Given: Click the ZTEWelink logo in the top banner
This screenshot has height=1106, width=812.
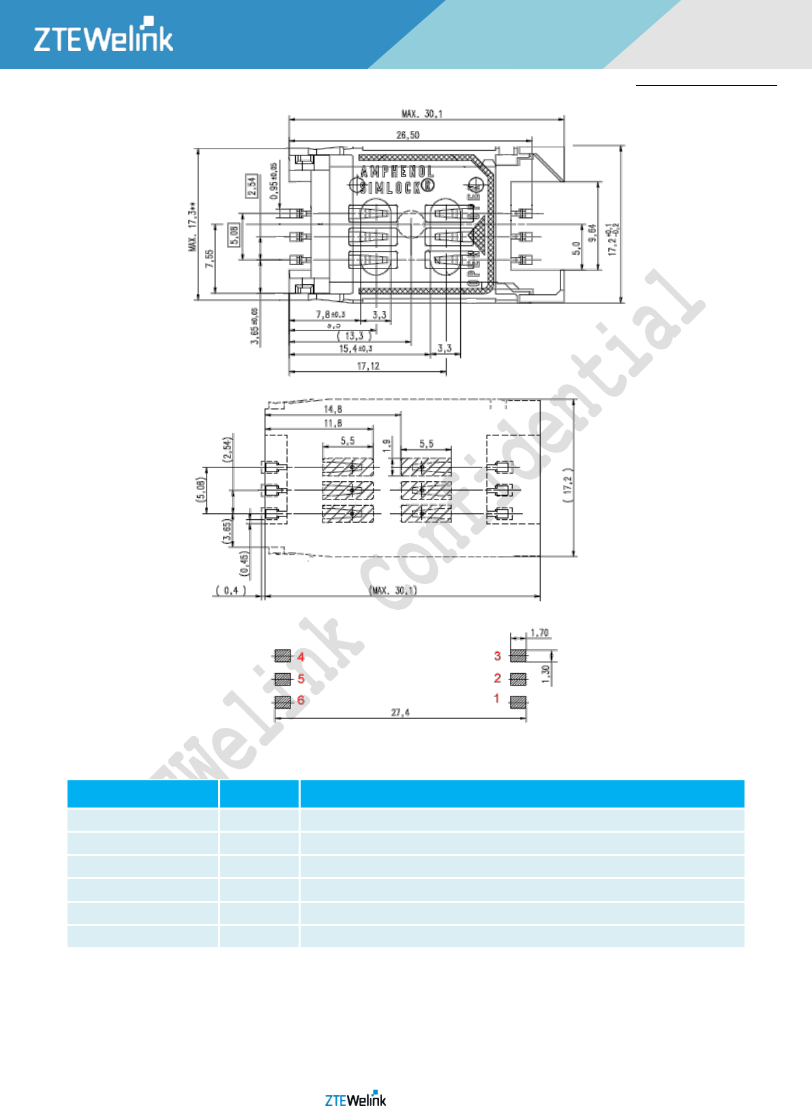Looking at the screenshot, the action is [x=104, y=35].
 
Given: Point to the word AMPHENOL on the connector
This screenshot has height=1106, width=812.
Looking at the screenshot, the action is [x=397, y=172].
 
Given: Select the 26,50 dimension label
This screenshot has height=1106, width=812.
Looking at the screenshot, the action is [x=408, y=135].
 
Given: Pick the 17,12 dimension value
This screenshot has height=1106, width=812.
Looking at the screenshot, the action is [x=368, y=366].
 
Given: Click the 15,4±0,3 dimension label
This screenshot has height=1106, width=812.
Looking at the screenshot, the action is [x=356, y=349].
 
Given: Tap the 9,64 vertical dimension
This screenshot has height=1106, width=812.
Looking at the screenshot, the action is [x=592, y=232].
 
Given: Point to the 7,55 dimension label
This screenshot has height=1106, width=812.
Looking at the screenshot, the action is [x=209, y=258].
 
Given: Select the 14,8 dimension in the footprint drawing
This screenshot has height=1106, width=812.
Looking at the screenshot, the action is [x=333, y=409].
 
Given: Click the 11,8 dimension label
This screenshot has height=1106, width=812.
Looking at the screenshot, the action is [x=333, y=423].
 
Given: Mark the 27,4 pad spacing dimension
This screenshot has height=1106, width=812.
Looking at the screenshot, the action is [x=400, y=712].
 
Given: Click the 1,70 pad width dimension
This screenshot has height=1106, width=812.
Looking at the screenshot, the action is [x=539, y=632].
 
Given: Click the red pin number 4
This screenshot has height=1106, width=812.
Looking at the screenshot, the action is [x=301, y=657].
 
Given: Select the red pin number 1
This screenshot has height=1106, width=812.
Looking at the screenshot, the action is [x=496, y=698].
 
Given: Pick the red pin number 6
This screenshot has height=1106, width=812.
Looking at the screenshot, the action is [x=301, y=701].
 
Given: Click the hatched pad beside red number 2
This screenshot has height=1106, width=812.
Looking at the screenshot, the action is [x=518, y=679].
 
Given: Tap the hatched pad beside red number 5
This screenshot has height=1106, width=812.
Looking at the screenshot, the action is [x=283, y=679].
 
